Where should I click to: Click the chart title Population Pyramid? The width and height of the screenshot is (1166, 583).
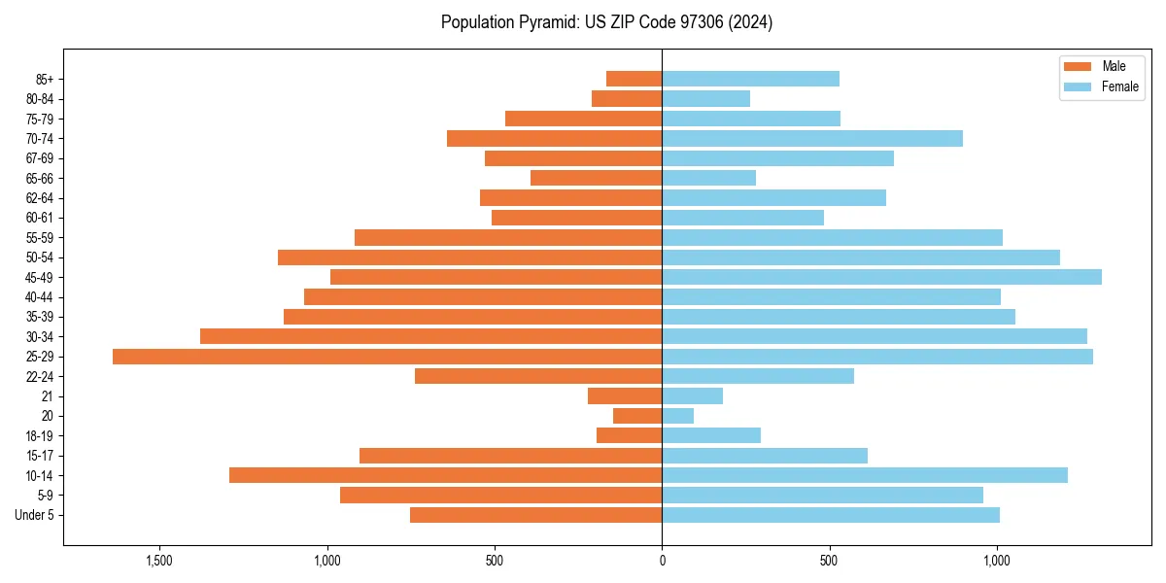tap(606, 22)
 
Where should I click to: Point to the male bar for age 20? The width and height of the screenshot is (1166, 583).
tap(637, 416)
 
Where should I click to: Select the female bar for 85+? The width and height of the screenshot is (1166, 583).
tap(750, 79)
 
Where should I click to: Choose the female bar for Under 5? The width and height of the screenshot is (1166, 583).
tap(831, 515)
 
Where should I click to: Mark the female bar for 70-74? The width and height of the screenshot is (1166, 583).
tap(812, 138)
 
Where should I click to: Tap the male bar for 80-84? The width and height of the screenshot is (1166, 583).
tap(627, 98)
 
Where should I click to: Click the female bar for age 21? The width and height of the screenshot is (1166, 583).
tap(692, 396)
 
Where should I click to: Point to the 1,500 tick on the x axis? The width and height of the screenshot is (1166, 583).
tap(159, 561)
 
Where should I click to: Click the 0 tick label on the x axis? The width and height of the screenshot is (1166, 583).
tap(662, 561)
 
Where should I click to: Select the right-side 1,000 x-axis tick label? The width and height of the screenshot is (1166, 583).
tap(997, 561)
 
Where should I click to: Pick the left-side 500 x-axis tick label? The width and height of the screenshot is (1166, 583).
tap(495, 561)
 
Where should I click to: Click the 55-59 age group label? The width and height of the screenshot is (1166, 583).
tap(39, 238)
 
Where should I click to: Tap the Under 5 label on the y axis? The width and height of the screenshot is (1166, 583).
tap(35, 515)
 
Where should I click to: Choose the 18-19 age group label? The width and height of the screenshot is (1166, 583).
tap(39, 436)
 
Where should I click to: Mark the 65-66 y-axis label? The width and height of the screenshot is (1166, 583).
tap(39, 178)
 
